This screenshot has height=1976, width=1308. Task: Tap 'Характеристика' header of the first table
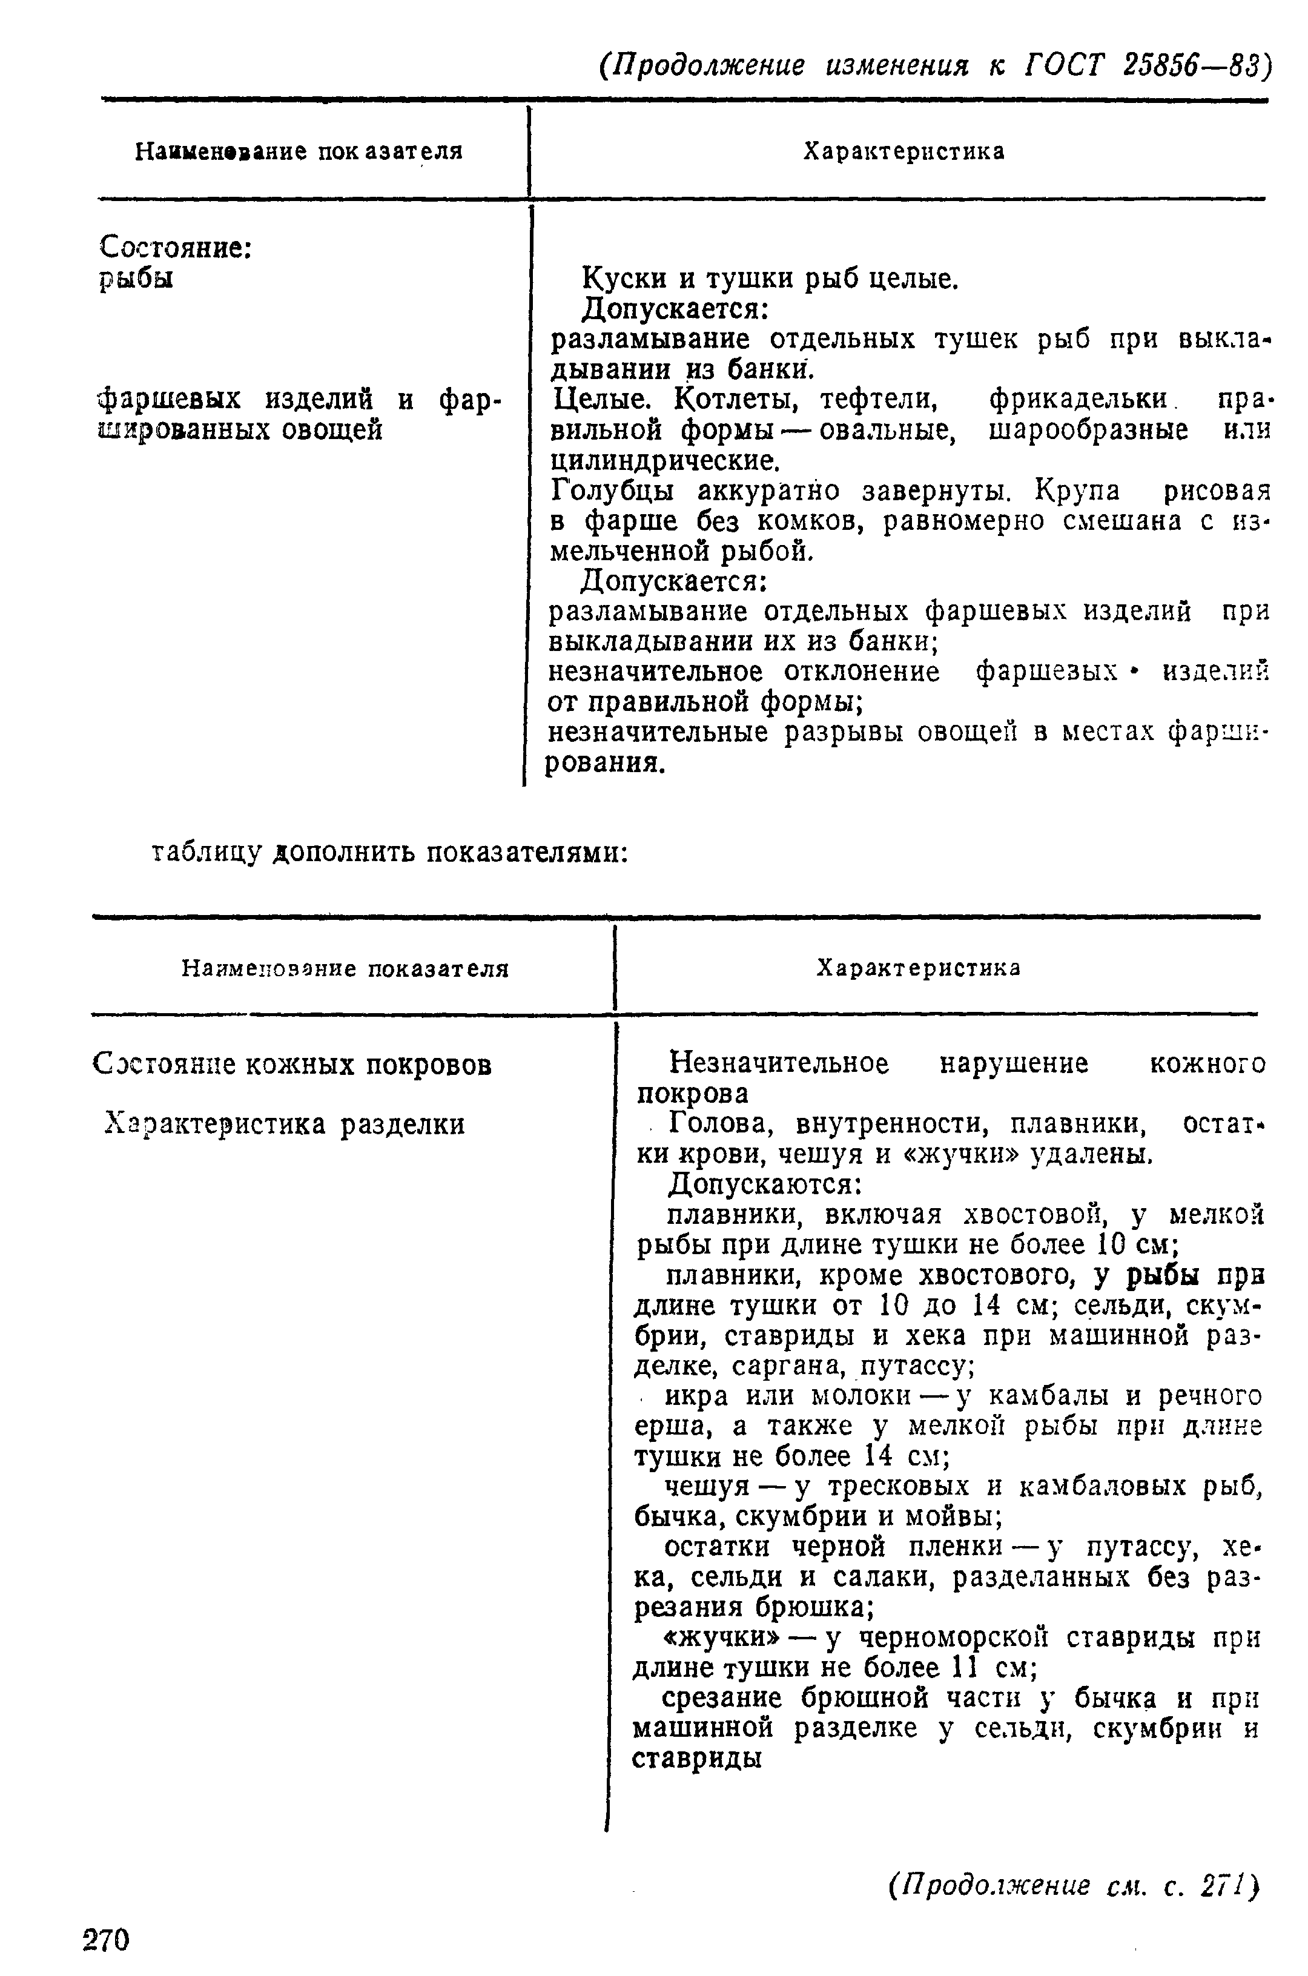[903, 152]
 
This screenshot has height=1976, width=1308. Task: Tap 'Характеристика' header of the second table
[917, 968]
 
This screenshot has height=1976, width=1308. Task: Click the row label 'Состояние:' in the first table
[176, 247]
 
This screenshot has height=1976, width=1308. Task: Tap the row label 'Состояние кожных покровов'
[292, 1065]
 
